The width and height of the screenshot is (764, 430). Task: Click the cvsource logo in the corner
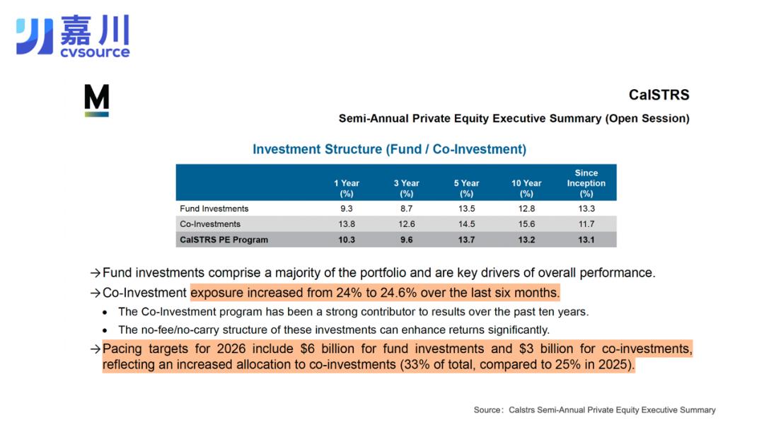73,36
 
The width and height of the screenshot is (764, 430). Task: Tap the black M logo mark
96,100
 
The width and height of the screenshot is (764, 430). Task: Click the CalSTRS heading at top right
659,95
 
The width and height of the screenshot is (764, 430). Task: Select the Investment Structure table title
389,149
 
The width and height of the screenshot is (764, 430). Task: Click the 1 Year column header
347,188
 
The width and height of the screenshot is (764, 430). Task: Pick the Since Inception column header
586,183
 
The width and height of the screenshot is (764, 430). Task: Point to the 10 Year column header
526,188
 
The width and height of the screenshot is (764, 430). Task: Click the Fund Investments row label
214,209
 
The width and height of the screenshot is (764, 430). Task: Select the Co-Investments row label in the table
210,224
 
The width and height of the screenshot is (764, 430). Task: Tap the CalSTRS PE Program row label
224,240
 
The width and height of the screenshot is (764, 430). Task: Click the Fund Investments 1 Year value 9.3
347,209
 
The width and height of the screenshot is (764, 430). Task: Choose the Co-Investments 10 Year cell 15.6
526,224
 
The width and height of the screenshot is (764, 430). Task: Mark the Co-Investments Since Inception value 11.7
586,224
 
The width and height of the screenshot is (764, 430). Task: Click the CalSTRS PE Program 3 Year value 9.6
407,240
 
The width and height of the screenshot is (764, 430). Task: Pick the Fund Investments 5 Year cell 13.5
466,209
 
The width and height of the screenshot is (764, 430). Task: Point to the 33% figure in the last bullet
419,365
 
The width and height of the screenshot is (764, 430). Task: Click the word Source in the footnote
488,410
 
